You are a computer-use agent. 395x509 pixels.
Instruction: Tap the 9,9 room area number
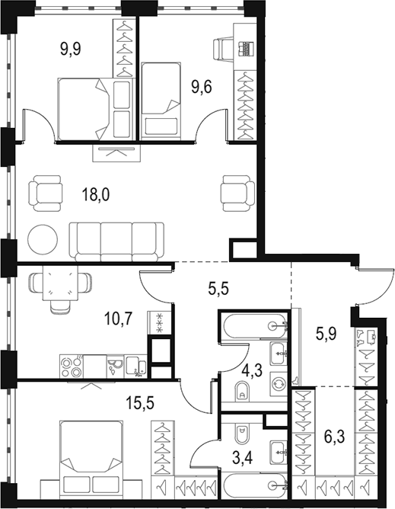(70, 50)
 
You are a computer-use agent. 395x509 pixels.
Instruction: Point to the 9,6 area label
(202, 88)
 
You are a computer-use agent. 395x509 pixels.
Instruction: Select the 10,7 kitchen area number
(118, 319)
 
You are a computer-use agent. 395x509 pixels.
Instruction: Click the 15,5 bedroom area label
(141, 404)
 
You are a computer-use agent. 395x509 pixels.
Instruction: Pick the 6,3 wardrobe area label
(335, 437)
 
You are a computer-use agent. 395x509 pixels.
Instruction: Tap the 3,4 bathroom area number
(243, 459)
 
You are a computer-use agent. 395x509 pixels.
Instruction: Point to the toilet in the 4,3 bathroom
(241, 390)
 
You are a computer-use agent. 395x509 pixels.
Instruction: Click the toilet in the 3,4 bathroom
(241, 434)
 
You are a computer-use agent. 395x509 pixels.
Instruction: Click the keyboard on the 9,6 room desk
(246, 49)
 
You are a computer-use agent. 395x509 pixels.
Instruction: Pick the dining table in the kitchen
(60, 283)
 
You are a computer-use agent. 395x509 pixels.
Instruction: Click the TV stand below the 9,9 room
(116, 153)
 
